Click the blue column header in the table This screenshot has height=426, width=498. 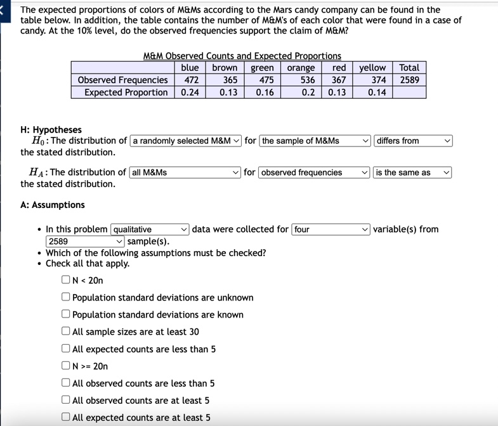pyautogui.click(x=190, y=68)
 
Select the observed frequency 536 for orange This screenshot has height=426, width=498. pyautogui.click(x=308, y=80)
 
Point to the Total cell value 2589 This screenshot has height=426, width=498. pyautogui.click(x=409, y=80)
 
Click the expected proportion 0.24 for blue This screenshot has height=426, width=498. pyautogui.click(x=190, y=93)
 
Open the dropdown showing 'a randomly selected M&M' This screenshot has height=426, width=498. pyautogui.click(x=186, y=141)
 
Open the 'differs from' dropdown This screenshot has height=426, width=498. pyautogui.click(x=413, y=141)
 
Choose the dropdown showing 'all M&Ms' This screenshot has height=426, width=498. pyautogui.click(x=185, y=172)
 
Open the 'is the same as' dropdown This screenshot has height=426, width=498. pyautogui.click(x=412, y=172)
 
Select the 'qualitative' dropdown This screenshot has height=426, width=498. pyautogui.click(x=150, y=229)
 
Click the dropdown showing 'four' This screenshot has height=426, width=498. pyautogui.click(x=331, y=229)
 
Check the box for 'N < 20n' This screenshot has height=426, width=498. pyautogui.click(x=66, y=280)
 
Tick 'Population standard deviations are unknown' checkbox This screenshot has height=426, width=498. pyautogui.click(x=66, y=297)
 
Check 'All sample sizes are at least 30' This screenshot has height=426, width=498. pyautogui.click(x=66, y=332)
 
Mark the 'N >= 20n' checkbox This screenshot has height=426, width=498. pyautogui.click(x=66, y=366)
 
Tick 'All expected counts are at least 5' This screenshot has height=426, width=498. pyautogui.click(x=66, y=417)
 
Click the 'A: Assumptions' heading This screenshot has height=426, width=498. pyautogui.click(x=53, y=205)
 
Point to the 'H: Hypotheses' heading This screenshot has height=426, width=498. pyautogui.click(x=51, y=130)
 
